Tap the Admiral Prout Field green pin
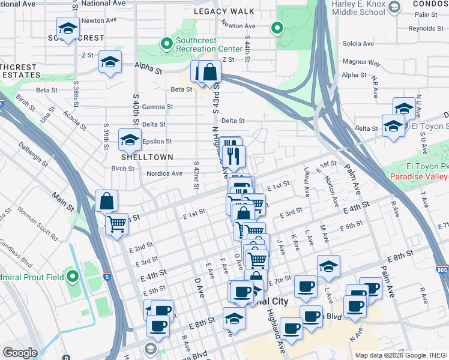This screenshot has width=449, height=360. tap(73, 277)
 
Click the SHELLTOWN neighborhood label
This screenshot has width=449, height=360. tap(147, 157)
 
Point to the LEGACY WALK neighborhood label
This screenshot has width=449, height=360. tap(231, 11)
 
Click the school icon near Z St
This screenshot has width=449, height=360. tap(110, 62)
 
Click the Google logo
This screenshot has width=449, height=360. tap(20, 353)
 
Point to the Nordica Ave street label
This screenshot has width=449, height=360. tap(164, 174)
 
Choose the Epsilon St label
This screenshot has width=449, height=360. tap(157, 142)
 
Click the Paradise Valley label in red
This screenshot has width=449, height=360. tap(419, 176)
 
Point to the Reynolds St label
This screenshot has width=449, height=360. tap(426, 28)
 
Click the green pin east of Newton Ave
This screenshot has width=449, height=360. tap(277, 27)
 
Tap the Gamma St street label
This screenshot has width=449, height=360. tap(158, 107)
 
